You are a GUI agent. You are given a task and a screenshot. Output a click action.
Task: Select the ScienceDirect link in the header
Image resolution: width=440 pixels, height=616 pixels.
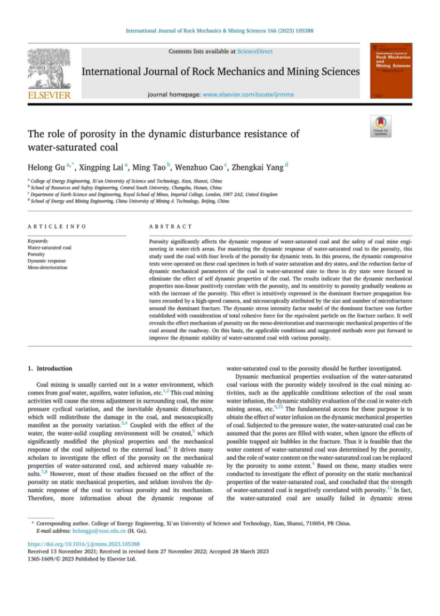click(255, 51)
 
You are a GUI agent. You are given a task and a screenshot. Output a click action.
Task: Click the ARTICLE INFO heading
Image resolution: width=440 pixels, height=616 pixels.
click(57, 227)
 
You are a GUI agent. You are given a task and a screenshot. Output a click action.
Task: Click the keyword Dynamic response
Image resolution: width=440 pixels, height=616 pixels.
click(46, 261)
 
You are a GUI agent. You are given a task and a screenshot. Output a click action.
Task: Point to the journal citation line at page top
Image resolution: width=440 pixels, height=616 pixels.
click(219, 31)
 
